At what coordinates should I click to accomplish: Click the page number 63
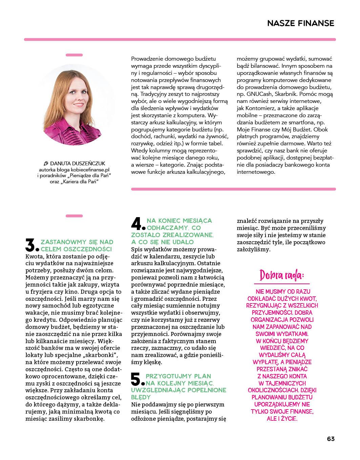[x=331, y=439]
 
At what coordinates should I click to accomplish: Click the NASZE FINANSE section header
[x=300, y=23]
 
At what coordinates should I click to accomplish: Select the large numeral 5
[x=137, y=380]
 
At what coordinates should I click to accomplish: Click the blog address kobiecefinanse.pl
[x=91, y=169]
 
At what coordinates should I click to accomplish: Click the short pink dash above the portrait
[x=74, y=55]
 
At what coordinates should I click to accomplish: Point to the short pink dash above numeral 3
[x=74, y=216]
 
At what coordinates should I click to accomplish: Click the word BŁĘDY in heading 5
[x=141, y=397]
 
